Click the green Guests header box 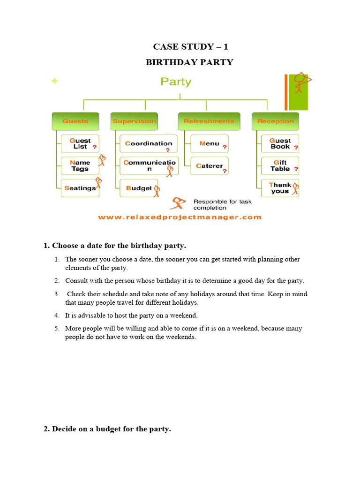coord(75,121)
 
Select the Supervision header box coord(134,121)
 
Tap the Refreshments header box coord(209,121)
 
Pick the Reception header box coord(275,121)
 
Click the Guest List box coord(80,143)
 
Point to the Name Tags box coord(80,166)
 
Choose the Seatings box coord(80,188)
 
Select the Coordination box coord(149,143)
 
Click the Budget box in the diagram coord(139,188)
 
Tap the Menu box coord(210,143)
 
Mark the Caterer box coord(210,166)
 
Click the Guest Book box coord(280,143)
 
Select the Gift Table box coord(280,166)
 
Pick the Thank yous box coord(280,188)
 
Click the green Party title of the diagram coord(176,82)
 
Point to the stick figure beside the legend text coord(179,203)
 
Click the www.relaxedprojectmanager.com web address coord(180,217)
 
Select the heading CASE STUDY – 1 coord(190,46)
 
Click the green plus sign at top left coord(55,81)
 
